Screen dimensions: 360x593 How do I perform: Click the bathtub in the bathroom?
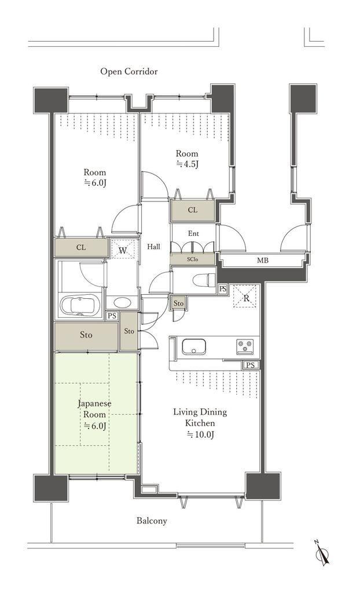tap(80, 305)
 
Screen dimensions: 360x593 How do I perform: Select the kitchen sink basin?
tap(194, 346)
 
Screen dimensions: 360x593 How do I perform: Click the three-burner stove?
tap(245, 347)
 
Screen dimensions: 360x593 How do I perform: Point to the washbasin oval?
tap(122, 302)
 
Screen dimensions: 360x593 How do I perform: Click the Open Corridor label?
tap(129, 71)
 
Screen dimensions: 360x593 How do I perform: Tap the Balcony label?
tap(152, 521)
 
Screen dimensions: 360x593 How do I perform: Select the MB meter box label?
tap(263, 260)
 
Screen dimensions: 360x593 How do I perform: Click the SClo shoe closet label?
tap(193, 259)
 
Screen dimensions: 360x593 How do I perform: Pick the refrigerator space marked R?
tap(245, 296)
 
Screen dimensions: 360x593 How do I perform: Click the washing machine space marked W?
tap(123, 250)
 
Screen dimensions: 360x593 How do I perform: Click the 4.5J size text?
tap(188, 164)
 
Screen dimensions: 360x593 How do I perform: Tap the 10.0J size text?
tap(200, 435)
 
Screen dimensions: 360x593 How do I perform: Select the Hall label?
tap(153, 247)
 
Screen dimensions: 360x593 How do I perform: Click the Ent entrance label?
tap(193, 234)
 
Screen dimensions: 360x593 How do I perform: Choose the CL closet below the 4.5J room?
tap(193, 210)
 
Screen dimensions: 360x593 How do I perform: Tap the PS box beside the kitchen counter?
tap(251, 365)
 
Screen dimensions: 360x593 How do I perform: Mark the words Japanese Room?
tap(94, 408)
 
